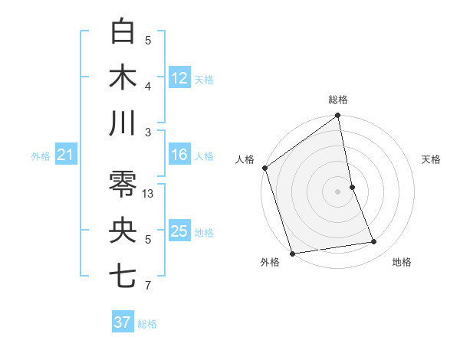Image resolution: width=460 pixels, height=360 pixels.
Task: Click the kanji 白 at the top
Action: point(123,31)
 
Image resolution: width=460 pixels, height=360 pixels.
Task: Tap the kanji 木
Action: point(123,77)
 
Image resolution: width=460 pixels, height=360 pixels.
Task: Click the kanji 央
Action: point(123,231)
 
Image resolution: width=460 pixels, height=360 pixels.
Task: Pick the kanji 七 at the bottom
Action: point(123,277)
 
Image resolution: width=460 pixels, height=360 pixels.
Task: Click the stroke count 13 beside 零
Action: point(149,194)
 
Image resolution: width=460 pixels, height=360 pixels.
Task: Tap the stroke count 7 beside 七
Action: point(148,286)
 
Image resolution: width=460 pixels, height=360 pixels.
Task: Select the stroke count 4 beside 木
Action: point(148,86)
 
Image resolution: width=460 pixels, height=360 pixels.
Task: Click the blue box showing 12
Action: point(179,77)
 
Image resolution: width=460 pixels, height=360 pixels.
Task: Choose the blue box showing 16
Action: point(179,155)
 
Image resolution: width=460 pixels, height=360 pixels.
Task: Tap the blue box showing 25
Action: point(179,231)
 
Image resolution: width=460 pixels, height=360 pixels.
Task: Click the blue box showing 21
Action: point(66,155)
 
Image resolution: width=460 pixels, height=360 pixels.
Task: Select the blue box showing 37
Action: point(123,322)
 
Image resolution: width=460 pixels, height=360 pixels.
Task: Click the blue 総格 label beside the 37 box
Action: point(147,324)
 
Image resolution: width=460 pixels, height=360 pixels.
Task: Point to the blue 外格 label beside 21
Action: point(41,156)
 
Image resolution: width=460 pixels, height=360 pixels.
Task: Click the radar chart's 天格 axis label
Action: point(432,159)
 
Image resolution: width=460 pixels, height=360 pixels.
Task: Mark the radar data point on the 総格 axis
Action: point(337,116)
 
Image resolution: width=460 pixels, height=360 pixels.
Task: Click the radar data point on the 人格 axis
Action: point(265,168)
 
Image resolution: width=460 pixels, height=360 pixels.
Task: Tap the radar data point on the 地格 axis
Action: point(374,242)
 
